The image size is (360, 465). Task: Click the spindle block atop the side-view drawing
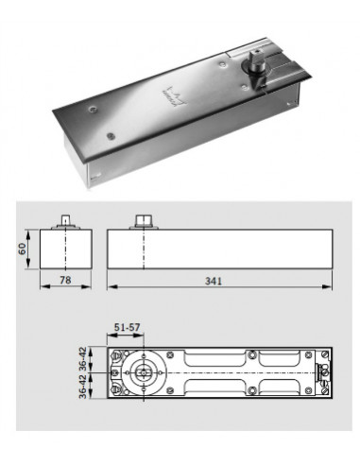click(x=146, y=220)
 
